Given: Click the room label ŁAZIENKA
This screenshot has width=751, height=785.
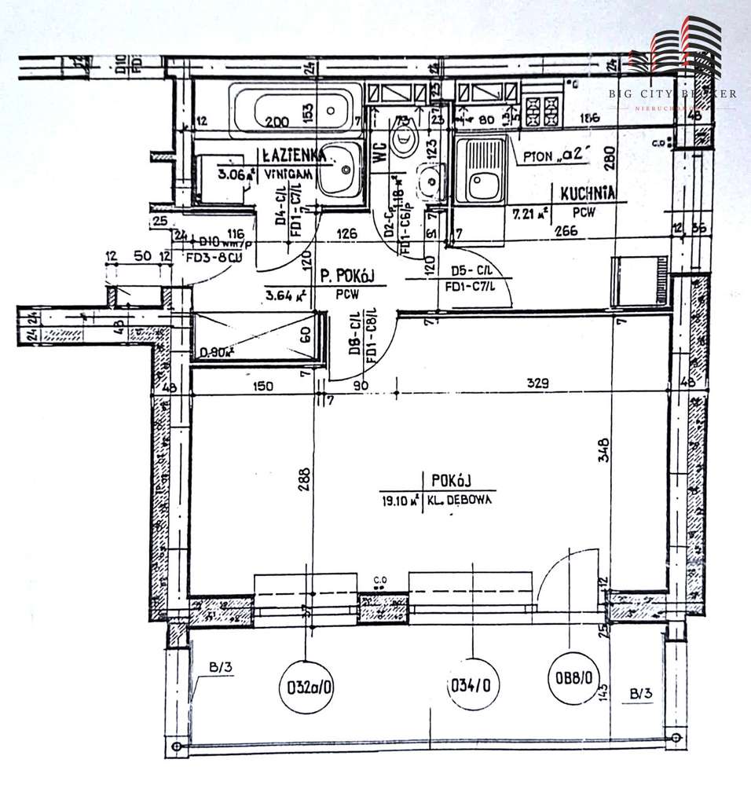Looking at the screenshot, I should click(x=229, y=156).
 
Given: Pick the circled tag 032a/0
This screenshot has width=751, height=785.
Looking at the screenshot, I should click(x=306, y=684).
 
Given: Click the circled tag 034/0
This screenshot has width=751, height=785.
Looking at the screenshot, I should click(x=471, y=684).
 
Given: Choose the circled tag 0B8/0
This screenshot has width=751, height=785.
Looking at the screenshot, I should click(x=574, y=675).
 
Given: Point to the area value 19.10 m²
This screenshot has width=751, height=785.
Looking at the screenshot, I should click(x=397, y=499).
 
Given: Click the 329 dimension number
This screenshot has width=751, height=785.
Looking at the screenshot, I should click(x=537, y=384).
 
